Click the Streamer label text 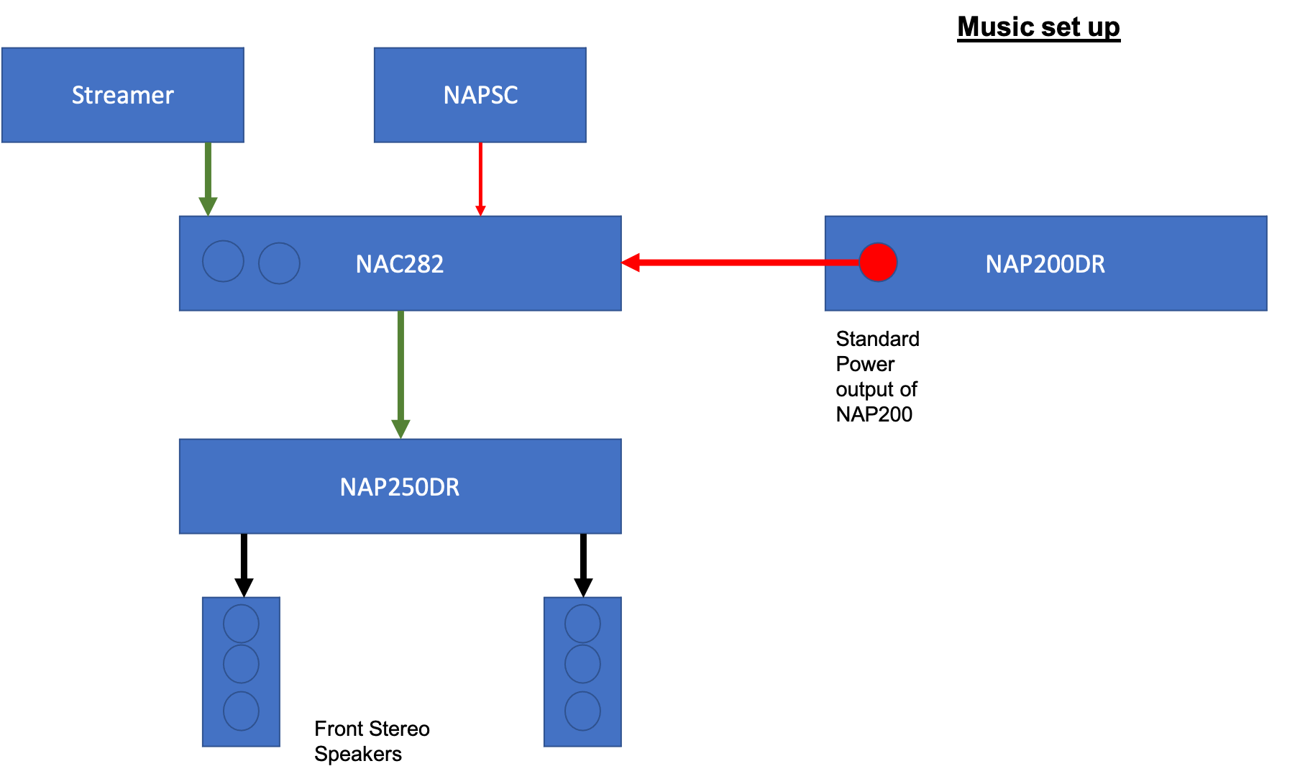pos(122,95)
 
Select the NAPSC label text pos(480,95)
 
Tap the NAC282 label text pos(399,264)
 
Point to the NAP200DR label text pos(1045,264)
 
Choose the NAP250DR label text pos(399,487)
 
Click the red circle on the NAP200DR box pos(878,262)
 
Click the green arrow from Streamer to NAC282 pos(208,176)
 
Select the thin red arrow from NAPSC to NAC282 pos(480,176)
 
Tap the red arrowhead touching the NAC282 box pos(631,263)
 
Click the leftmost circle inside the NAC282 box pos(223,261)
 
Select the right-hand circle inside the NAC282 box pos(279,263)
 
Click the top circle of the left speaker pos(241,623)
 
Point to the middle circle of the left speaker pos(241,663)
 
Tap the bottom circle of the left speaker pos(241,711)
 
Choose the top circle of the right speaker pos(582,623)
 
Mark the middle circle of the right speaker pos(582,663)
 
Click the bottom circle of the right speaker pos(582,711)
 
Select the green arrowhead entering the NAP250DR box pos(400,429)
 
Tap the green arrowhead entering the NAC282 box pos(208,206)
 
